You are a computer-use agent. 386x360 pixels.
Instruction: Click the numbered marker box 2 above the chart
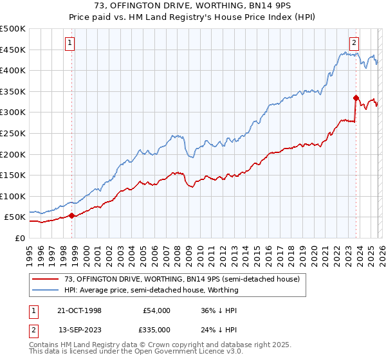click(354, 43)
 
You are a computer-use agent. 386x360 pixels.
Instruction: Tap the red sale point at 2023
click(355, 98)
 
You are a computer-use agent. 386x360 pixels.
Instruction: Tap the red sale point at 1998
click(71, 216)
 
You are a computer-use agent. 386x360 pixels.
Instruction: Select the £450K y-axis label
click(13, 50)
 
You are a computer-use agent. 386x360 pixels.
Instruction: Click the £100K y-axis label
click(13, 196)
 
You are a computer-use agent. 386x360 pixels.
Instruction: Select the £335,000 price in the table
click(156, 330)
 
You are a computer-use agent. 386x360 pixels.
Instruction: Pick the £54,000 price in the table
click(156, 310)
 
